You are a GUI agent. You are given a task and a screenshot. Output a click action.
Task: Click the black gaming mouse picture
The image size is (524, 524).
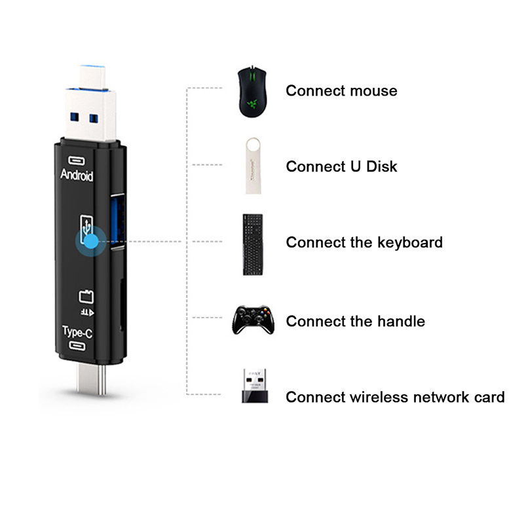pyautogui.click(x=252, y=92)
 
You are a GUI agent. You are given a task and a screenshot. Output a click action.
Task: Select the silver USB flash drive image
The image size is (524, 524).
pyautogui.click(x=253, y=166)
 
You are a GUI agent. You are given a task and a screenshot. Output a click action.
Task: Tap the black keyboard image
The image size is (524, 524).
pyautogui.click(x=253, y=244)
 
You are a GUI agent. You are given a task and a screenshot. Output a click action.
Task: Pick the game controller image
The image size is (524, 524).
pyautogui.click(x=253, y=320)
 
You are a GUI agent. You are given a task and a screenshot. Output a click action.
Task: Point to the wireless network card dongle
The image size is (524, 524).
pyautogui.click(x=255, y=386)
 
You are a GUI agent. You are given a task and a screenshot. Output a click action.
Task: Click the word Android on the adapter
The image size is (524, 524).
pyautogui.click(x=77, y=175)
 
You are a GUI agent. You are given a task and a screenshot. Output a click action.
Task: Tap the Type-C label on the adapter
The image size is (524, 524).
pyautogui.click(x=77, y=332)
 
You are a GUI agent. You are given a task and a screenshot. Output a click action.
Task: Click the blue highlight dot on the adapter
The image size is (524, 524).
pyautogui.click(x=91, y=241)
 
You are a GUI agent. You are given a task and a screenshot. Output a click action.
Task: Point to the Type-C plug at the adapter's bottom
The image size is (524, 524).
pyautogui.click(x=91, y=379)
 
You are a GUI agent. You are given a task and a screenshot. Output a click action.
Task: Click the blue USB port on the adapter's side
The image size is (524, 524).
pyautogui.click(x=118, y=221)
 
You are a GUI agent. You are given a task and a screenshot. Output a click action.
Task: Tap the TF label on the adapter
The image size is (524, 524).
pyautogui.click(x=87, y=312)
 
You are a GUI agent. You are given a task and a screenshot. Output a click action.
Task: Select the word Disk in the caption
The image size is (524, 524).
pyautogui.click(x=381, y=166)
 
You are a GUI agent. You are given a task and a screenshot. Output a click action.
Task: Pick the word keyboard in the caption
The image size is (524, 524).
pyautogui.click(x=410, y=242)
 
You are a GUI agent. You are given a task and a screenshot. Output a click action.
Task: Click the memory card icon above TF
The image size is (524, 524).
pyautogui.click(x=86, y=297)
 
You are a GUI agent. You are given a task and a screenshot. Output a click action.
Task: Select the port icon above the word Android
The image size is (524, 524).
pyautogui.click(x=77, y=160)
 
